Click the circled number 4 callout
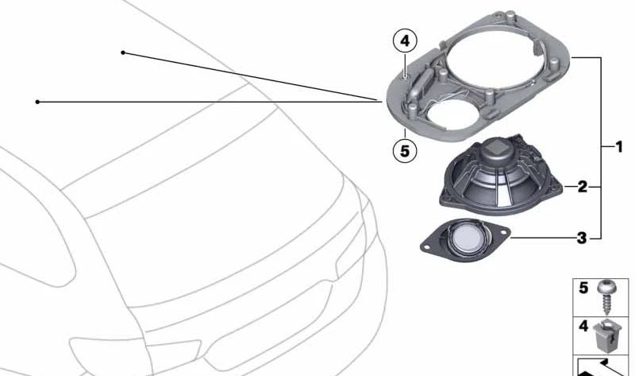click(x=405, y=41)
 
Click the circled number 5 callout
click(x=405, y=151)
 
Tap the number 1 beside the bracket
click(x=619, y=146)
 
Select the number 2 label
click(x=582, y=187)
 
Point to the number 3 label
click(x=582, y=238)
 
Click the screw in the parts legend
click(x=606, y=298)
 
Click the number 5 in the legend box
click(x=583, y=288)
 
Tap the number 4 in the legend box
click(x=583, y=326)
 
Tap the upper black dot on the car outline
click(x=123, y=52)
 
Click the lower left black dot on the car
click(x=37, y=102)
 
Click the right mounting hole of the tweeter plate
click(x=504, y=233)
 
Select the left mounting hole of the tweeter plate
click(x=426, y=246)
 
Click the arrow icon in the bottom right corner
click(x=602, y=367)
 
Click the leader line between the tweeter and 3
click(x=543, y=238)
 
